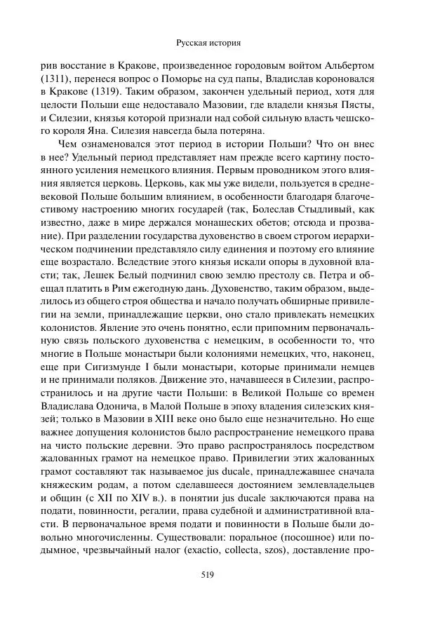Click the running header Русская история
pyautogui.click(x=209, y=43)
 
